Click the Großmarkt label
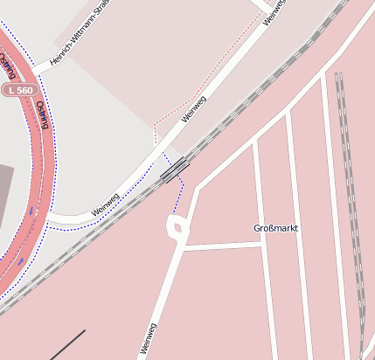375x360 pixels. pyautogui.click(x=275, y=228)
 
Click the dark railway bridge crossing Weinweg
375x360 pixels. pyautogui.click(x=175, y=170)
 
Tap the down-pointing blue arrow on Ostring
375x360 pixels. pyautogui.click(x=32, y=211)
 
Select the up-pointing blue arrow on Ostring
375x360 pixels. pyautogui.click(x=21, y=260)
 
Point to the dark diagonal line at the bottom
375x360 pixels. pyautogui.click(x=67, y=345)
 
